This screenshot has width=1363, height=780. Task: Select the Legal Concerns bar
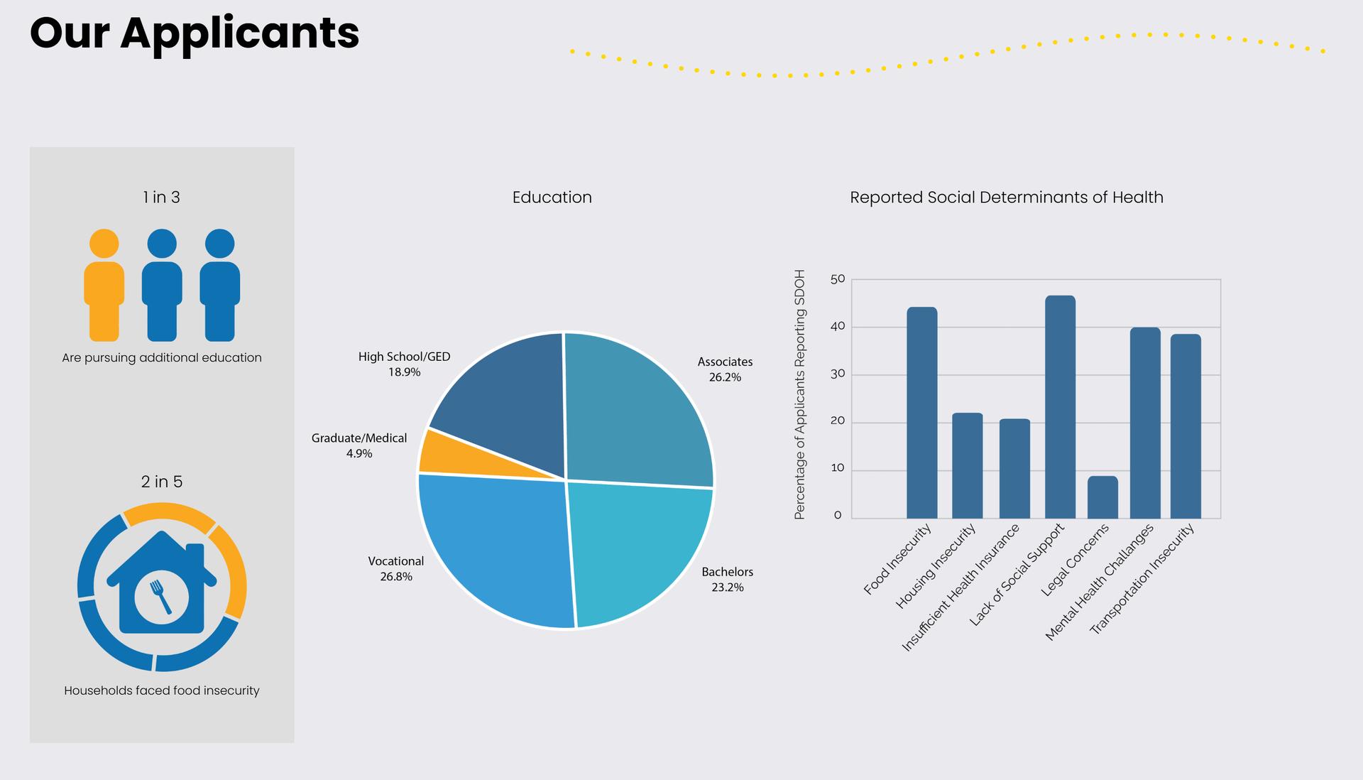click(x=1102, y=497)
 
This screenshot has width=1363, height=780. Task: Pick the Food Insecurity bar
click(x=921, y=412)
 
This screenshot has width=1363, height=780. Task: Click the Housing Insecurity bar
click(x=967, y=465)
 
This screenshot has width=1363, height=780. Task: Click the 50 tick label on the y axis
click(x=838, y=279)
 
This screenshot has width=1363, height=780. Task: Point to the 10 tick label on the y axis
click(x=838, y=468)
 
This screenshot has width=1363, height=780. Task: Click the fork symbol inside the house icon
click(x=160, y=595)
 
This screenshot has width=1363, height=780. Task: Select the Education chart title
click(x=552, y=197)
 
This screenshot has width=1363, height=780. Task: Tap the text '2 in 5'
click(x=162, y=482)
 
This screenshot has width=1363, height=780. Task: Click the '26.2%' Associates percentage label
click(x=725, y=377)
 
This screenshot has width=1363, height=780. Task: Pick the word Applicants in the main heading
click(x=240, y=33)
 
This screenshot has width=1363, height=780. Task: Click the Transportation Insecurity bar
click(x=1185, y=426)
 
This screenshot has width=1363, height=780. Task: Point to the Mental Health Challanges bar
click(x=1145, y=423)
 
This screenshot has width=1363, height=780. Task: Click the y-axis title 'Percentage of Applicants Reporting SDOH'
click(x=800, y=394)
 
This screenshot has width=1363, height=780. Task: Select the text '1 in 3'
click(x=162, y=197)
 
